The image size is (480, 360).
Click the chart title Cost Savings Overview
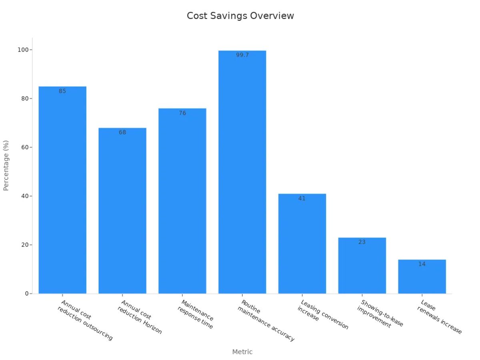240,16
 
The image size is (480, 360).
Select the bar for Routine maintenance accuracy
242,172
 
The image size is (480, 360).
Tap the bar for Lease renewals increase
422,277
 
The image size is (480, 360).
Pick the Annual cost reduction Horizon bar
122,211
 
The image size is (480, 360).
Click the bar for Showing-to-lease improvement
362,266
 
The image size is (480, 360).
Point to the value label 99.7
242,55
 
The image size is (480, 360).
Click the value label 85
62,91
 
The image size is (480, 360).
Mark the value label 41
302,198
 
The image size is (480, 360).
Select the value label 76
182,113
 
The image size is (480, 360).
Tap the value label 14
422,264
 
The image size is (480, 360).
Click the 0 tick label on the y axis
26,294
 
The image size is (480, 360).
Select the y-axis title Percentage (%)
6,165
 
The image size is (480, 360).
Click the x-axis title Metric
242,352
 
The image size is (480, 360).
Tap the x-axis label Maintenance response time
196,314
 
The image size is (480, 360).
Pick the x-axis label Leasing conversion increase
322,315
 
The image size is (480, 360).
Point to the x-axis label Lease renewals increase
440,318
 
